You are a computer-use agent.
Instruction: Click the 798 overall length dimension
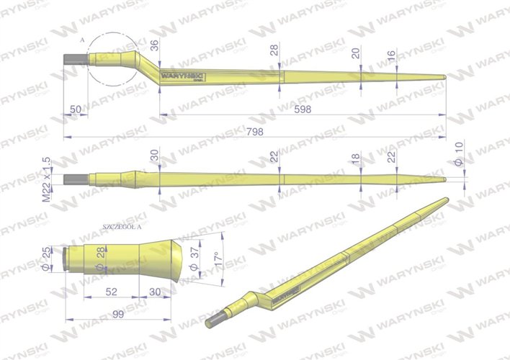[254, 132]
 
